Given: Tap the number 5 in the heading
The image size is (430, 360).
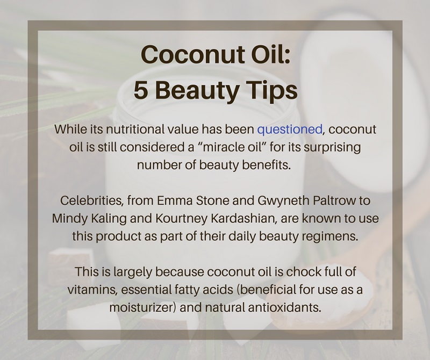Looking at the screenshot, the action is point(140,90).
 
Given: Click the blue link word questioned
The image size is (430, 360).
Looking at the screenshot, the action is point(290,129).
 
